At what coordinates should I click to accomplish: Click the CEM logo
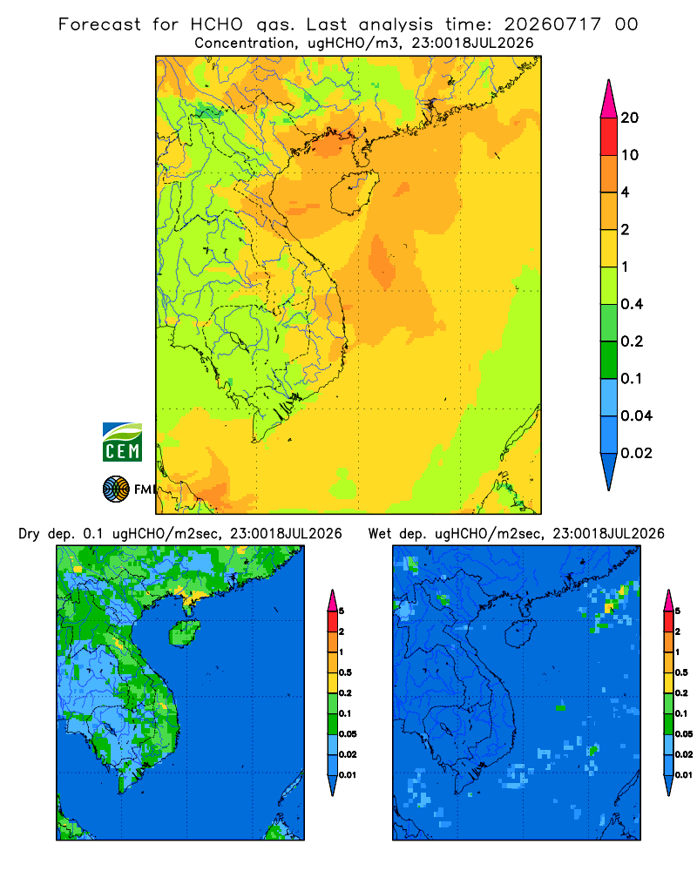click(122, 442)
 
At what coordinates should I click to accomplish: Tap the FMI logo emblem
click(116, 490)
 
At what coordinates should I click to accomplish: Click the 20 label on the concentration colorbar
click(630, 118)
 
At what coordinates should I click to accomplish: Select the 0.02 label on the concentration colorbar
click(636, 453)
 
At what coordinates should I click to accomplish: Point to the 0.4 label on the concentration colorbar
click(632, 304)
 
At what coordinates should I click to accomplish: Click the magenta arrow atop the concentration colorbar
click(609, 98)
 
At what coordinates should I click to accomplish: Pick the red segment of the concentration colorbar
click(609, 137)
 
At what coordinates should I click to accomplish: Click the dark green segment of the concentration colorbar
click(609, 360)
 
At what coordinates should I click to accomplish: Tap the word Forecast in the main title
click(99, 24)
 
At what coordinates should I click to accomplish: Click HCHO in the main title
click(217, 24)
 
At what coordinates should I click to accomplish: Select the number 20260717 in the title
click(552, 24)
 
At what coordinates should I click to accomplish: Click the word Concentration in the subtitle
click(245, 43)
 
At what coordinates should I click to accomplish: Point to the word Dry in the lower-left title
click(29, 534)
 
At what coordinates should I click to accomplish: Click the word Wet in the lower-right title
click(380, 534)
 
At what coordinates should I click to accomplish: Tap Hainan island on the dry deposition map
click(185, 632)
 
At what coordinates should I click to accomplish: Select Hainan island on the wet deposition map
click(521, 632)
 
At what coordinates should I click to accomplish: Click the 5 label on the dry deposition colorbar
click(342, 611)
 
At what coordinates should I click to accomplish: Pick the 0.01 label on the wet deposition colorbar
click(684, 775)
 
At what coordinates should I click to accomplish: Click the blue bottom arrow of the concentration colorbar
click(609, 471)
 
